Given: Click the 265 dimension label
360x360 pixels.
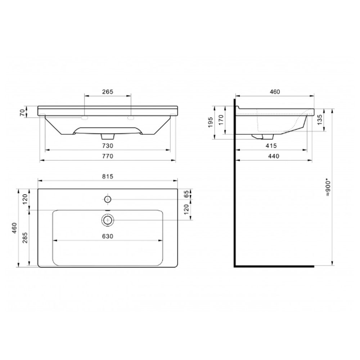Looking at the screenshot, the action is (108, 91).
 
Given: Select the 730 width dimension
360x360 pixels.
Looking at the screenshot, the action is (108, 146).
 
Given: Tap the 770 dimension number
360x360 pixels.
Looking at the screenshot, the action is (108, 156).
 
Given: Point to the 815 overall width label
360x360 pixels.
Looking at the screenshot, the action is (108, 176).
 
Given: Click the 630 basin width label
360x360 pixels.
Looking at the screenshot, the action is (108, 236).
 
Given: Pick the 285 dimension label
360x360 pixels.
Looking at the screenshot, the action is (25, 238).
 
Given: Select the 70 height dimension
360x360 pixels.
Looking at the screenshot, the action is (22, 112).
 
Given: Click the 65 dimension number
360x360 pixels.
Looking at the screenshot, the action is (186, 194).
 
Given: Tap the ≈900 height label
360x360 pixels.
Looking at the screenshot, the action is (328, 188).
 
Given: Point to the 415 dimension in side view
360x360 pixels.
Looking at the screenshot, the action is (271, 146).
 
